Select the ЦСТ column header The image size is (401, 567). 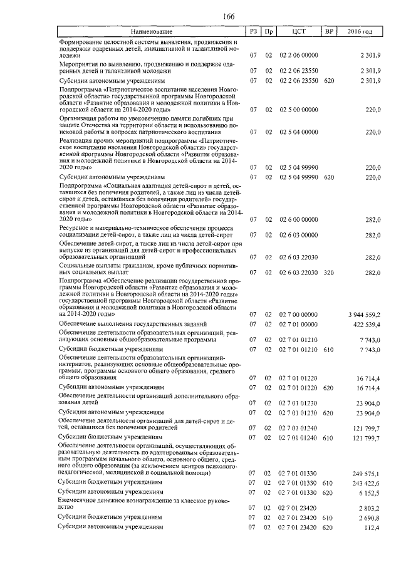pos(299,31)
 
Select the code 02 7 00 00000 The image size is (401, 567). pos(299,314)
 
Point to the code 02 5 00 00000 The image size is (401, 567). pos(299,110)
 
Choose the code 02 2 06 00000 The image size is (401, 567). pos(299,56)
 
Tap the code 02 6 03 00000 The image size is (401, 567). pos(299,235)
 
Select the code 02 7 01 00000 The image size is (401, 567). pos(299,324)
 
